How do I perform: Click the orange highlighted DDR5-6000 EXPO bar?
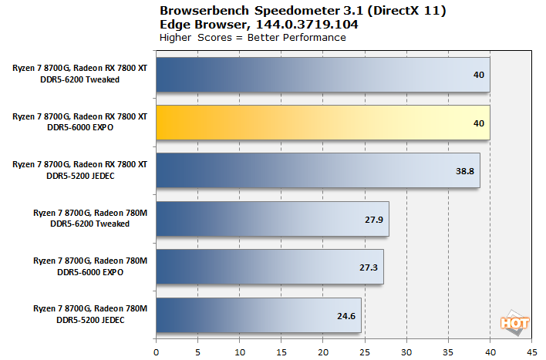pyautogui.click(x=323, y=123)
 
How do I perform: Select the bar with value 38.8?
pyautogui.click(x=318, y=170)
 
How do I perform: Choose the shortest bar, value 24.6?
pyautogui.click(x=258, y=315)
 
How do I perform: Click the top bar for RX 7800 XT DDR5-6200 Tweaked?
pyautogui.click(x=323, y=75)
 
